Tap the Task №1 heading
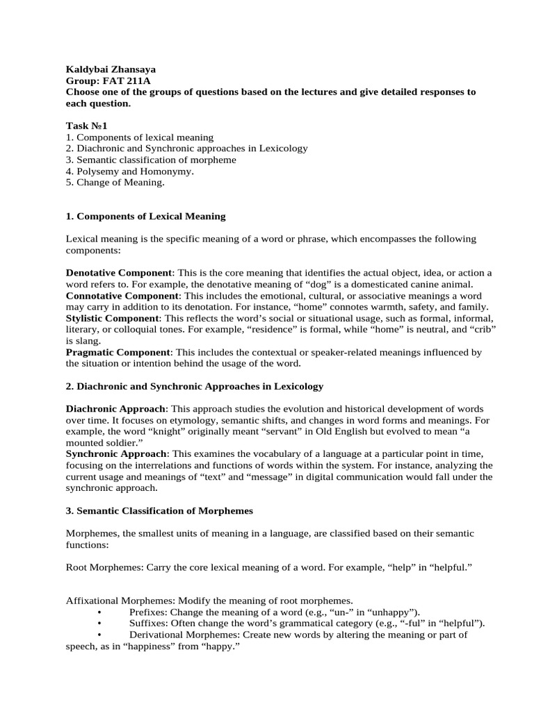point(86,126)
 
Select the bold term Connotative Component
point(120,296)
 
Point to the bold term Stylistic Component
point(111,318)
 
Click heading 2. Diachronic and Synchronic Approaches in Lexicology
point(195,386)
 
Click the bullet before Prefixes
point(101,612)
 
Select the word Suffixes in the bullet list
point(148,623)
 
